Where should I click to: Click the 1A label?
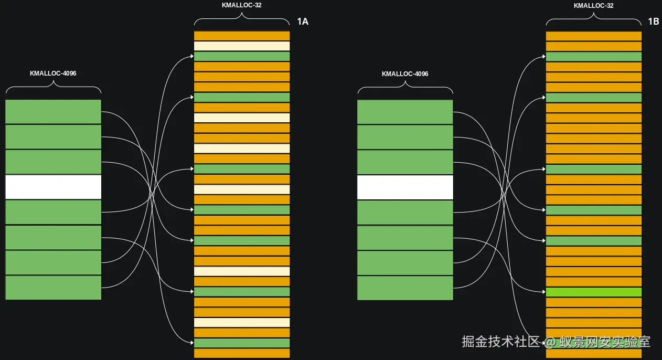coord(303,22)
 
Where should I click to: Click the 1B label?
coord(653,22)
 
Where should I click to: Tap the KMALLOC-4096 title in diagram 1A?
coord(53,73)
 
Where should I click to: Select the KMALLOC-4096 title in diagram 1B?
coord(405,74)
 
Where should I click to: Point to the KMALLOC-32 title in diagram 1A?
coord(242,5)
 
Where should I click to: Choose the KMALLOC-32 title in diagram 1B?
coord(594,6)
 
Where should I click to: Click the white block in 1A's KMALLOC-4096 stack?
coord(53,187)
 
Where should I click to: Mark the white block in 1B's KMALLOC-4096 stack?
coord(405,187)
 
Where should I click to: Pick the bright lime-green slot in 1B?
coord(594,292)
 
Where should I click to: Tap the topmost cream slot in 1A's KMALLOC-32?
coord(242,46)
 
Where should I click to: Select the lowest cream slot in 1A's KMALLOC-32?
coord(242,322)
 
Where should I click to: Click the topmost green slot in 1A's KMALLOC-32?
coord(242,56)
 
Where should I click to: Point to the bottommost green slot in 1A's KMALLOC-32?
coord(242,343)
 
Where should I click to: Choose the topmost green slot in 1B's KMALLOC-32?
coord(594,57)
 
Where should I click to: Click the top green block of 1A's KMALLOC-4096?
coord(53,111)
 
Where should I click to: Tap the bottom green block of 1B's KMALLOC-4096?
coord(405,288)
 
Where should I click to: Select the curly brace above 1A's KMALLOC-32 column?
coord(242,20)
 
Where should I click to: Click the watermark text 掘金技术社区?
coord(500,342)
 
